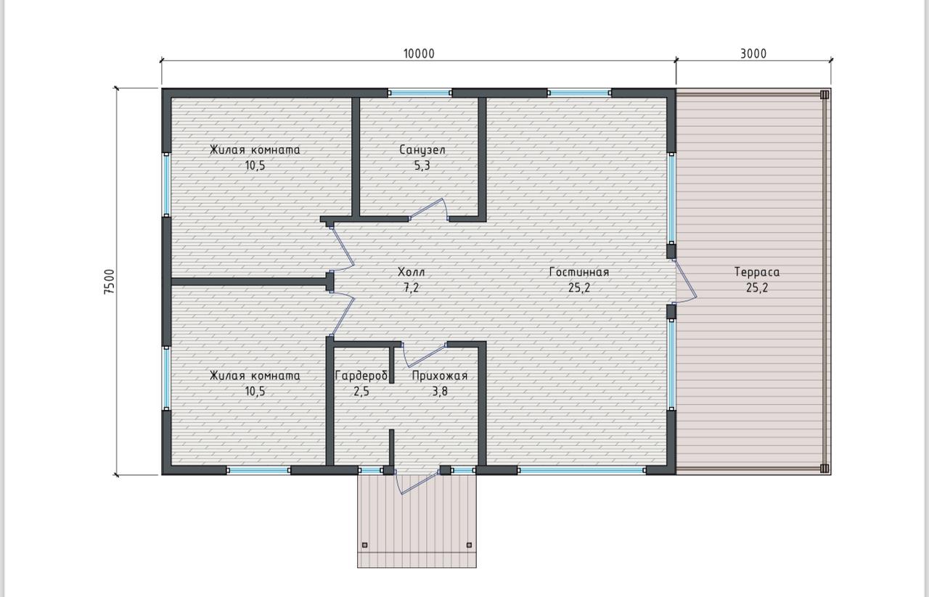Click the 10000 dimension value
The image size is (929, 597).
419,54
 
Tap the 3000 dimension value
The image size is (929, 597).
753,54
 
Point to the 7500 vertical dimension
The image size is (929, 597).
109,282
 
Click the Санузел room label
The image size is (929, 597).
422,149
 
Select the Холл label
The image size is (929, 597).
412,272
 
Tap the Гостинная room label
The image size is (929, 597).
579,272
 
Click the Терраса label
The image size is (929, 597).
757,272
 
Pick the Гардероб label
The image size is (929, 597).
361,376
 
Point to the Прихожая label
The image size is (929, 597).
440,376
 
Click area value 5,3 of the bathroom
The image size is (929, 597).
422,166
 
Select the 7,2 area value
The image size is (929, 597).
412,288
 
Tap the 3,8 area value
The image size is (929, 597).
440,392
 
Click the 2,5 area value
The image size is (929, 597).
361,392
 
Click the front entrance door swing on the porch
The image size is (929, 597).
418,482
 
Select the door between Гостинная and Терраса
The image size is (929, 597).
685,281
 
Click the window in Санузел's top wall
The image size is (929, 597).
420,93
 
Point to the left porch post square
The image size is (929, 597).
365,545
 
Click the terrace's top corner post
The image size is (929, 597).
824,94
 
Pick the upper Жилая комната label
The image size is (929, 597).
255,149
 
